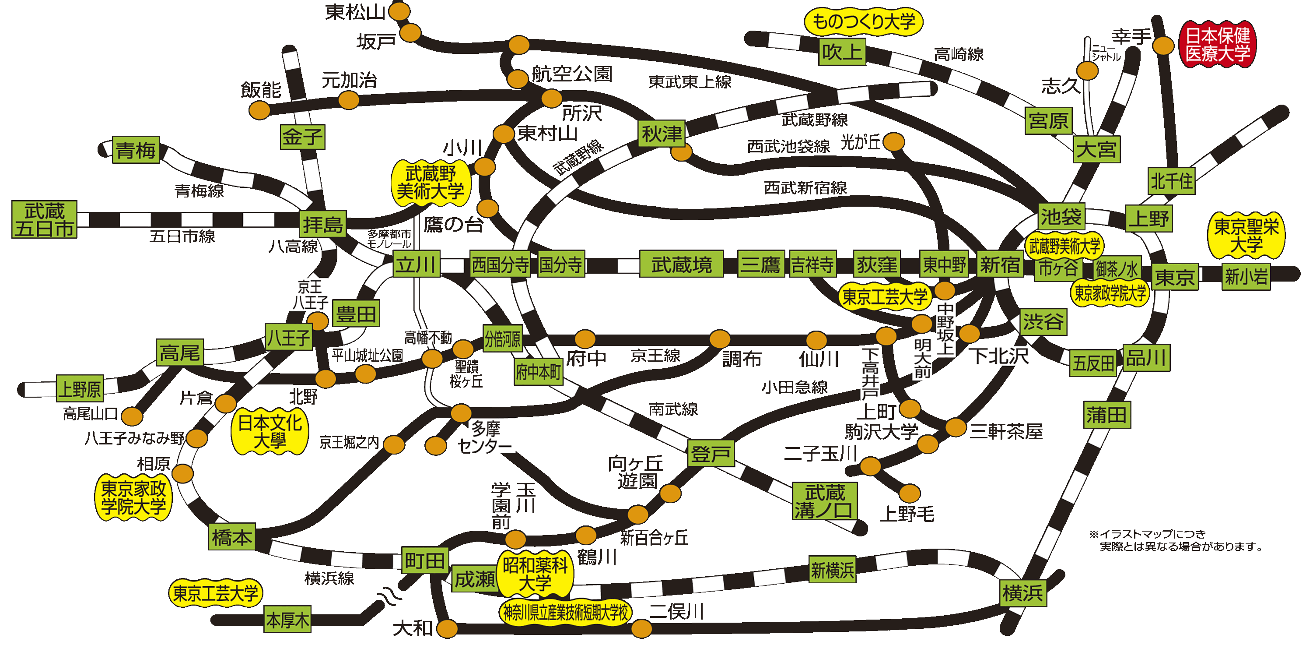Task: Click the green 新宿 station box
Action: click(999, 264)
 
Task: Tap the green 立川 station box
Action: click(416, 264)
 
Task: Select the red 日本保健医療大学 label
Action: click(1217, 44)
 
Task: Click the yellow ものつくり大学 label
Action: click(863, 22)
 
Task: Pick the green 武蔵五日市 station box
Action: click(45, 219)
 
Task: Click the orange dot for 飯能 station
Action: click(259, 109)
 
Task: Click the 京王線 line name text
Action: click(655, 355)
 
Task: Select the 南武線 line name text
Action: click(673, 409)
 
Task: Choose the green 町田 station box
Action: click(425, 560)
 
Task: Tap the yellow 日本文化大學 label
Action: click(270, 431)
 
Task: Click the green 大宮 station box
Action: click(1096, 149)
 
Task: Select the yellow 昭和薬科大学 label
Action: click(535, 574)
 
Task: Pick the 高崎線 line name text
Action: click(958, 54)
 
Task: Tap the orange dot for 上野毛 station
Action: click(910, 493)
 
